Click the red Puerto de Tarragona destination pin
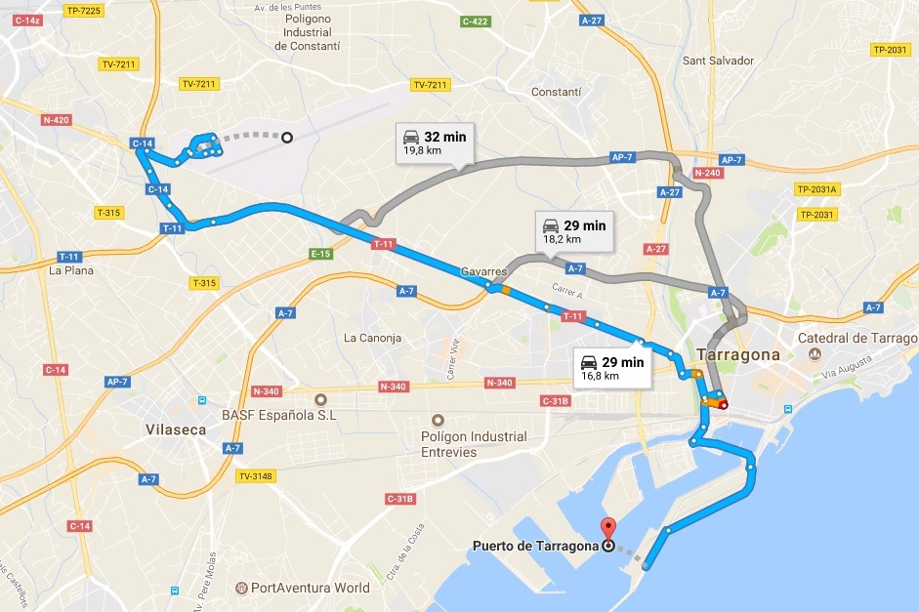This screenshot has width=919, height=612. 608,528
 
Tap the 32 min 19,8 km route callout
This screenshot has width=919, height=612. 434,143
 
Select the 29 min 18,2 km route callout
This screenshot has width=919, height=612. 573,230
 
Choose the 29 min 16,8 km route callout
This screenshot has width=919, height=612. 611,367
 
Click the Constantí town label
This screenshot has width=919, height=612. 556,92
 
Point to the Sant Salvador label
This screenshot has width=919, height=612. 718,61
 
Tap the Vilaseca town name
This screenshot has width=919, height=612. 177,428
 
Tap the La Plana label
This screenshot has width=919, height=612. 71,270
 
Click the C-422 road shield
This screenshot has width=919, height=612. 476,20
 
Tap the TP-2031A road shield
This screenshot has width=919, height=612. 817,189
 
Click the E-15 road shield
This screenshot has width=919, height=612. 321,254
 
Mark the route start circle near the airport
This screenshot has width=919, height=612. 287,138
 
